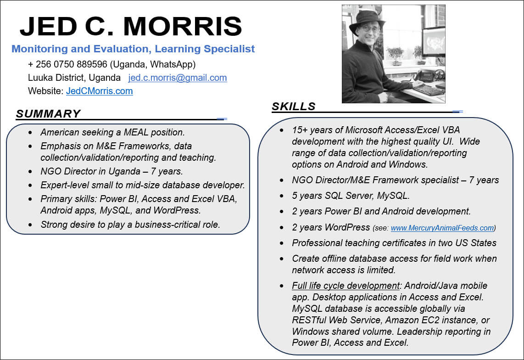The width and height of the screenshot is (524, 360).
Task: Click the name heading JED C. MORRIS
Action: [x=131, y=27]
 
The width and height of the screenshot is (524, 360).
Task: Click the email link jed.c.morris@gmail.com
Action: [x=178, y=78]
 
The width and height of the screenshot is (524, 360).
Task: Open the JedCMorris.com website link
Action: [x=99, y=91]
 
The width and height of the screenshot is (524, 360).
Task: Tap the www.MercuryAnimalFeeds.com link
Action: [x=442, y=228]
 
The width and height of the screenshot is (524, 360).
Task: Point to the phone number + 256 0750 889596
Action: [x=67, y=64]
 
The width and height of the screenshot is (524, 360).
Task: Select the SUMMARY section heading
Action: [x=48, y=114]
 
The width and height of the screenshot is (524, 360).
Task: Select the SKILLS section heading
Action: [x=293, y=107]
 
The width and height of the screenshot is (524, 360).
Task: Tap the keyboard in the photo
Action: [x=429, y=90]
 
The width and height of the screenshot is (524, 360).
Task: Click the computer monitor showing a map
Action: [x=434, y=41]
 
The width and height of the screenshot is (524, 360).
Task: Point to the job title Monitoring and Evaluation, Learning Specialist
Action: [x=133, y=49]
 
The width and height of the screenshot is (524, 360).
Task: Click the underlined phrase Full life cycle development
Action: [x=346, y=286]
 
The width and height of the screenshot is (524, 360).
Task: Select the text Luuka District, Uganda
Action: [x=74, y=78]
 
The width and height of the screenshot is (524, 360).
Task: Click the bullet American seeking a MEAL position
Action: [x=112, y=132]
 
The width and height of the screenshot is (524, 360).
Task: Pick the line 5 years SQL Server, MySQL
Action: [x=351, y=196]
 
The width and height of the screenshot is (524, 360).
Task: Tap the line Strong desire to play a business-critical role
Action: [x=130, y=225]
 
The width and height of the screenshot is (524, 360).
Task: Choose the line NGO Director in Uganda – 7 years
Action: [x=111, y=171]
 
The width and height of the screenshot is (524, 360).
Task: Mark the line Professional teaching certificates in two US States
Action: [x=394, y=243]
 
